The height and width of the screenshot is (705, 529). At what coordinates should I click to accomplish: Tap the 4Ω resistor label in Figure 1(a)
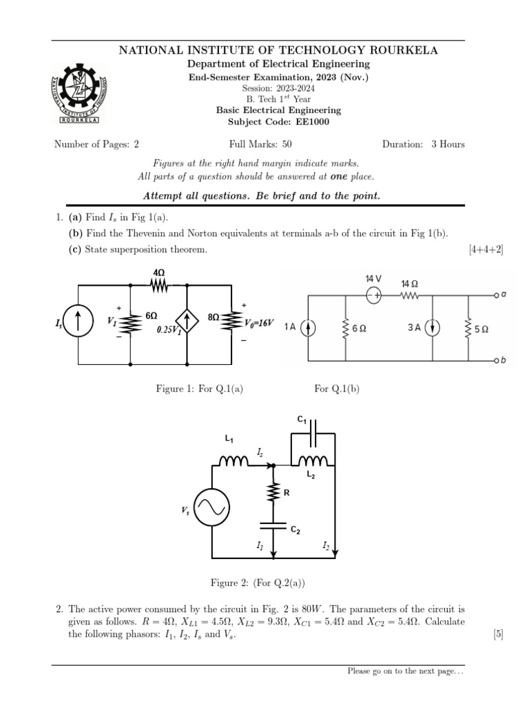click(159, 273)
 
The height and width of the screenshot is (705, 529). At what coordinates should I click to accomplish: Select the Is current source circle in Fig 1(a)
click(79, 322)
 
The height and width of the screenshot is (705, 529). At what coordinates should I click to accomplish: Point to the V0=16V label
click(260, 322)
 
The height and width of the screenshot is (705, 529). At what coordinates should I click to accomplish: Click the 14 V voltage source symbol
click(373, 295)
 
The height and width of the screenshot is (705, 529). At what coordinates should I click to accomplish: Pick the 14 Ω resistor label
click(410, 284)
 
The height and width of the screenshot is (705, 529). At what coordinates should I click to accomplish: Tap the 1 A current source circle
click(310, 328)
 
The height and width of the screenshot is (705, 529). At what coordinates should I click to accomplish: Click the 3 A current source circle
click(433, 328)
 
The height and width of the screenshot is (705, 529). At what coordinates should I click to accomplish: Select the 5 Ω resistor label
click(481, 329)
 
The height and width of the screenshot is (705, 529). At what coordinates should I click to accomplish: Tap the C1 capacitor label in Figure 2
click(302, 419)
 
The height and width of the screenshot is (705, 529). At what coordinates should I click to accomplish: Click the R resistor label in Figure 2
click(287, 492)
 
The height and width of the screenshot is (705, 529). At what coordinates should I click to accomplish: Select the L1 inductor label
click(229, 439)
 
